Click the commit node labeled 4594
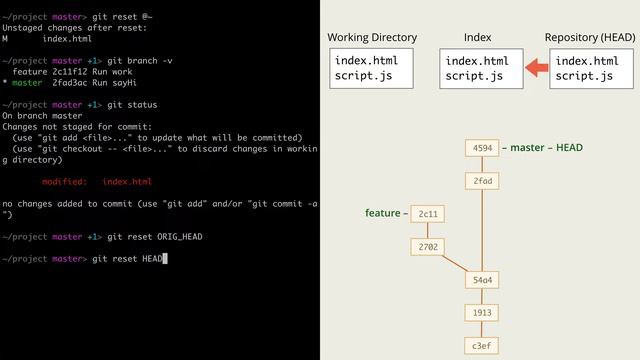(x=482, y=148)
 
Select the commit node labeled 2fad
(x=482, y=181)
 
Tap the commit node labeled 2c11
(x=428, y=214)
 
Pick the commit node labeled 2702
(x=428, y=246)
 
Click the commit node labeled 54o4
(x=482, y=280)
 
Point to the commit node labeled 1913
(x=482, y=313)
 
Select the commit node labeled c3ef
(x=482, y=346)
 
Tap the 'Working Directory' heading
(x=372, y=38)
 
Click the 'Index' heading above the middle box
(x=478, y=38)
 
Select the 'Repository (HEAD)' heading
(x=589, y=38)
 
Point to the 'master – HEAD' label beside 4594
(x=546, y=148)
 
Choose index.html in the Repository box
(x=587, y=61)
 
